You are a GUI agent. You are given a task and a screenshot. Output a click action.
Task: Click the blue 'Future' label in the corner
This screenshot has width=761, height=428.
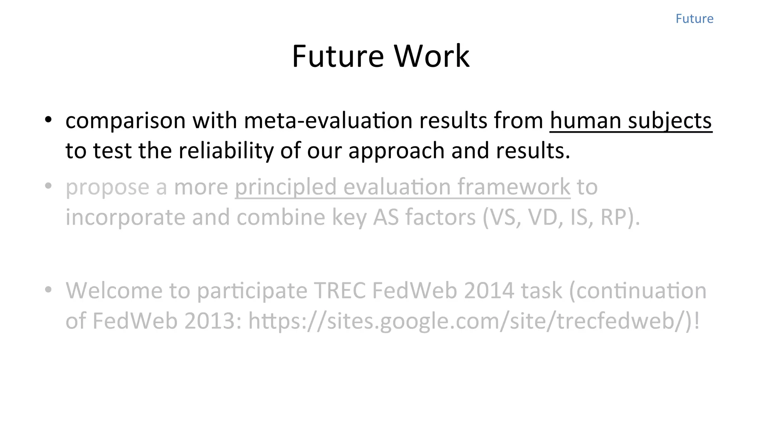click(694, 19)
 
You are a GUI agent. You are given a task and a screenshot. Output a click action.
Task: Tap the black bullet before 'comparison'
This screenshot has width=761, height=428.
click(48, 120)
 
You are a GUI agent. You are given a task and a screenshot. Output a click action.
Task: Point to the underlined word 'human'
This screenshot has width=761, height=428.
click(585, 120)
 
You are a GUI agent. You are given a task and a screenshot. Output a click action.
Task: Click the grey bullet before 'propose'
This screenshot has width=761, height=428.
click(48, 186)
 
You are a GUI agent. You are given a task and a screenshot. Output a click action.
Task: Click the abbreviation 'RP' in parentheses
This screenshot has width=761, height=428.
click(613, 217)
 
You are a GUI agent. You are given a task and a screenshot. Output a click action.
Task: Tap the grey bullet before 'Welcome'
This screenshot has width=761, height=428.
click(48, 289)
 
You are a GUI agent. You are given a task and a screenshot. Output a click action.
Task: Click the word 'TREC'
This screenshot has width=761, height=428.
click(340, 291)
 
